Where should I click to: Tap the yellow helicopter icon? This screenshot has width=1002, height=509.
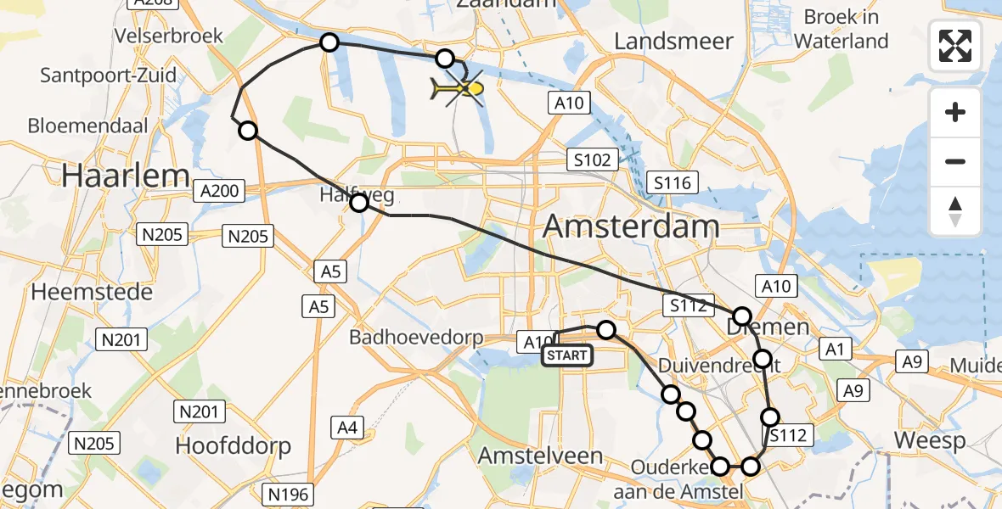[459, 88]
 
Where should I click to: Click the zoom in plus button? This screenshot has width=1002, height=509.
[955, 112]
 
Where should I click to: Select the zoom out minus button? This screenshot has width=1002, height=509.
[955, 161]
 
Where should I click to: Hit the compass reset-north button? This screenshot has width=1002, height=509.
[955, 210]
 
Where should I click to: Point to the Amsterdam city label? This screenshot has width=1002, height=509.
[630, 227]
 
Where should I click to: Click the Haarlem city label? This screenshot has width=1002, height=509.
[126, 176]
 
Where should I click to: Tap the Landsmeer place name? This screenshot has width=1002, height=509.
[667, 41]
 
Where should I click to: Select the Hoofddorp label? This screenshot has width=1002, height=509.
[233, 445]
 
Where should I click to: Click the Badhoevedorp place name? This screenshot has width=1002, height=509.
[416, 338]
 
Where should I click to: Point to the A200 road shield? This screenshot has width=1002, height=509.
[219, 191]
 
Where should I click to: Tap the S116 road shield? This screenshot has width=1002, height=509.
[672, 182]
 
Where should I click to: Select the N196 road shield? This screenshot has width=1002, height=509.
[290, 494]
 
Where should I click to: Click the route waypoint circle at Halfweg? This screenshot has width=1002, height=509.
[359, 202]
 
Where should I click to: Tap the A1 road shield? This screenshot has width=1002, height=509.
[833, 349]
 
